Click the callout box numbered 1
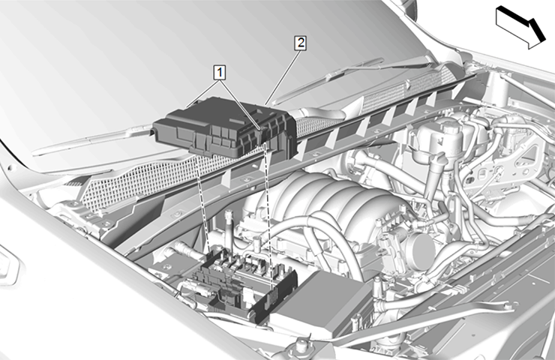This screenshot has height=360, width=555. [x=220, y=73]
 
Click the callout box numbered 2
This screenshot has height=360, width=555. [x=300, y=43]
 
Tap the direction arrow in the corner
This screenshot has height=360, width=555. [x=520, y=27]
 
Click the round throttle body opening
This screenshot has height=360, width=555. [x=421, y=247]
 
